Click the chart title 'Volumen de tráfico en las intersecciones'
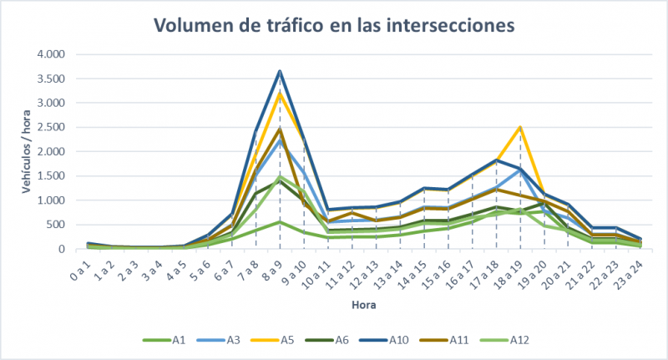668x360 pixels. [334, 25]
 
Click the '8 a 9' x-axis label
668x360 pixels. [275, 270]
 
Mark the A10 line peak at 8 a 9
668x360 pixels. [280, 71]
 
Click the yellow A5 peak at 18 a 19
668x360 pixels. [520, 127]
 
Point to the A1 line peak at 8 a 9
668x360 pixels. [280, 222]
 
